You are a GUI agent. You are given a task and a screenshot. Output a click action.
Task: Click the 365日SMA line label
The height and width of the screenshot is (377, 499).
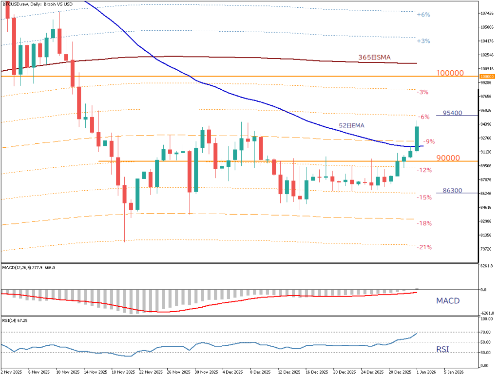[374, 58]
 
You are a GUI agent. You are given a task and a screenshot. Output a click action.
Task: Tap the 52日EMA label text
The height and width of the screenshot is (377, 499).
[351, 125]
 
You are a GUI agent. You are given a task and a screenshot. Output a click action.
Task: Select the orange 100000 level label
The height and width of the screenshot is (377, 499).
[449, 73]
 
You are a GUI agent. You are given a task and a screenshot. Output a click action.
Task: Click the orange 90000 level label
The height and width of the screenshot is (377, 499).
[448, 158]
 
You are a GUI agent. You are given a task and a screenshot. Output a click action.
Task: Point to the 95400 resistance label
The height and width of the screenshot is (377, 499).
[453, 113]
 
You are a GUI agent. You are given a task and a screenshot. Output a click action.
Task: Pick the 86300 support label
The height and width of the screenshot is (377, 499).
[453, 191]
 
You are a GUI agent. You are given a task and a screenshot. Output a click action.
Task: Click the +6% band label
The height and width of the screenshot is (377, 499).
[423, 15]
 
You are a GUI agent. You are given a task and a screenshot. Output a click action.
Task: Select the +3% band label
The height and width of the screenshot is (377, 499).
[423, 41]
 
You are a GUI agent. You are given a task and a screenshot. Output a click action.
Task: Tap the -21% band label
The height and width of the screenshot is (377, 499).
[425, 247]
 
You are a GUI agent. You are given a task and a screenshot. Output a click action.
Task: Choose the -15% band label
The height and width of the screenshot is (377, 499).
[425, 198]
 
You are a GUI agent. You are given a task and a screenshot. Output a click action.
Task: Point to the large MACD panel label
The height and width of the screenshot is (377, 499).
[447, 300]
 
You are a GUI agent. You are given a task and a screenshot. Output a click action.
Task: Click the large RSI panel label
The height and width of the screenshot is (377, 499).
[442, 349]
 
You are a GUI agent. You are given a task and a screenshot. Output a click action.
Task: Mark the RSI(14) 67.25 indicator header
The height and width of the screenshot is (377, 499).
[15, 320]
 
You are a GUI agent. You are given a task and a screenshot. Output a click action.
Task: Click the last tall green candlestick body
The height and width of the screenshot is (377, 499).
[417, 139]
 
